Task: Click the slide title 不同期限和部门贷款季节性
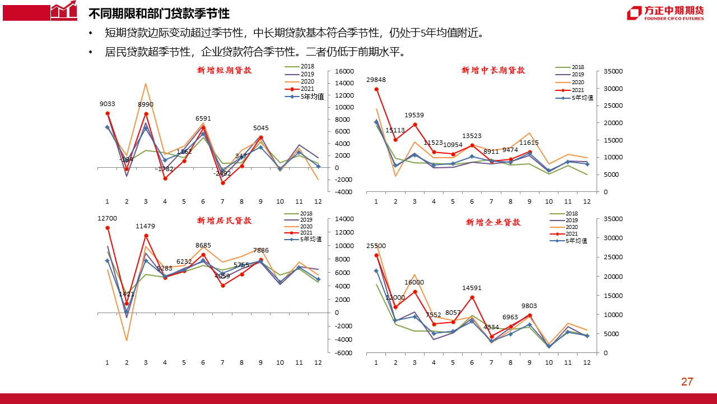coord(159,13)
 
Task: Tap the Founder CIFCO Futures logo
coord(665,13)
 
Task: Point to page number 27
coord(687,382)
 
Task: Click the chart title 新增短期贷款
coord(225,71)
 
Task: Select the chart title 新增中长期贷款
coord(493,71)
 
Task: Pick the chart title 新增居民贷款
coord(225,221)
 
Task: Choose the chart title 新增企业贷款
coord(493,223)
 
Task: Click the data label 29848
coord(376,80)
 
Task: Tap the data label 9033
coord(108,104)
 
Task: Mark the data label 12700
coord(107,218)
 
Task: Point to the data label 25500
coord(376,246)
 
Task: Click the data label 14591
coord(472,288)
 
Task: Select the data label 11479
coord(146,226)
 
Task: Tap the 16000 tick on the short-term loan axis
coord(344,71)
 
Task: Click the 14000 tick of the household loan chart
coord(344,219)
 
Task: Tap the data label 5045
coord(261,128)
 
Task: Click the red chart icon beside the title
coord(63,10)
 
